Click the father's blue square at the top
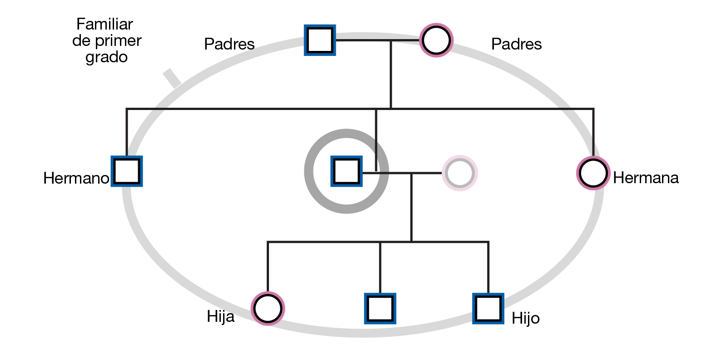pyautogui.click(x=320, y=40)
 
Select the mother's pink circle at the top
pyautogui.click(x=436, y=40)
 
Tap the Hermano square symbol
pyautogui.click(x=127, y=171)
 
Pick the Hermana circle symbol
pyautogui.click(x=593, y=173)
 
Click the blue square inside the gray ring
pyautogui.click(x=347, y=171)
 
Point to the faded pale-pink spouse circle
pyautogui.click(x=460, y=173)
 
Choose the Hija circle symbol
pyautogui.click(x=268, y=309)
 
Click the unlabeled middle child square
pyautogui.click(x=380, y=309)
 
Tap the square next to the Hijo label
pyautogui.click(x=488, y=309)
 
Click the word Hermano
pyautogui.click(x=76, y=178)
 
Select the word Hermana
pyautogui.click(x=646, y=178)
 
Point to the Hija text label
pyautogui.click(x=220, y=316)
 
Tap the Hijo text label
pyautogui.click(x=526, y=318)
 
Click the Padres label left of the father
pyautogui.click(x=229, y=44)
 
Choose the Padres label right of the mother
pyautogui.click(x=516, y=44)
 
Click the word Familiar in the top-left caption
pyautogui.click(x=105, y=24)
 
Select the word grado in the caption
pyautogui.click(x=106, y=57)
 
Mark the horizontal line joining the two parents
pyautogui.click(x=377, y=40)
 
